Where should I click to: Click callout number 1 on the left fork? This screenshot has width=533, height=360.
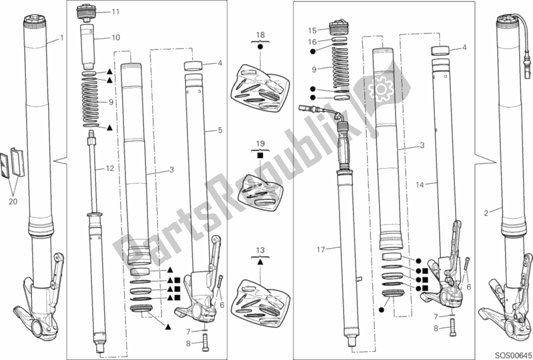62,38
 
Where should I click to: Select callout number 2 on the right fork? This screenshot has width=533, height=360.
486,213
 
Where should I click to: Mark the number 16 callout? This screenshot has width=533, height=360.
311,41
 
